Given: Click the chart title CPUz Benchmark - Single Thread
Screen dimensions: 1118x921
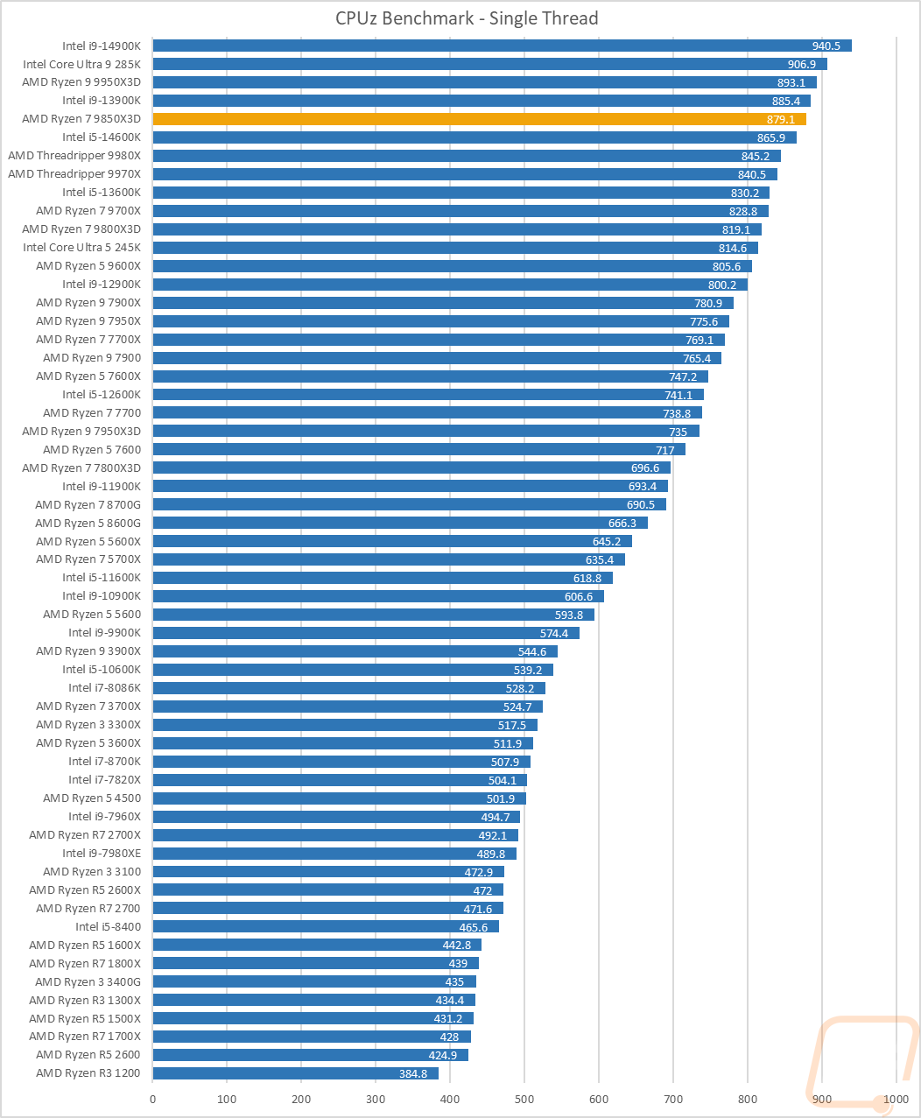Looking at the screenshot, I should click(467, 18).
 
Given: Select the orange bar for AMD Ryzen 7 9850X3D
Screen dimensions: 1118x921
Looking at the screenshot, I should click(479, 119).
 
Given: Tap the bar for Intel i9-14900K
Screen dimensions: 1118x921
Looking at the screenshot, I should click(502, 46).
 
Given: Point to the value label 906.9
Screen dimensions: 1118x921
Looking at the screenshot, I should click(802, 64).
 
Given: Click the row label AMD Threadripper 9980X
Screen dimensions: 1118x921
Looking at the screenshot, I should click(74, 156).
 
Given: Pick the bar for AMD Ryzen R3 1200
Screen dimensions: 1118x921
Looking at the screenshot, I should click(295, 1073).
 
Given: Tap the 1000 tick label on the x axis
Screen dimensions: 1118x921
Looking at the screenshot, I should click(896, 1099).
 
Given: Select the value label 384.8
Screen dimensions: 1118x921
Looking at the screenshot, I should click(413, 1073).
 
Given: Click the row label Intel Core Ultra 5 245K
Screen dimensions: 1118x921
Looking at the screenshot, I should click(81, 248).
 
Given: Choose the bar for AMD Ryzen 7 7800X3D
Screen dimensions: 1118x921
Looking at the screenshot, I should click(411, 468).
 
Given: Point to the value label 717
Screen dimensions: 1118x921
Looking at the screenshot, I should click(665, 449).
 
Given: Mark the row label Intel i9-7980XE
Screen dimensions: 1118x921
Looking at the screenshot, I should click(102, 854).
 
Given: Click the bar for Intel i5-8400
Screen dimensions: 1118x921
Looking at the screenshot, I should click(326, 926).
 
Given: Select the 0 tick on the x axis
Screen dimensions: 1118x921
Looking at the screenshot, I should click(153, 1099).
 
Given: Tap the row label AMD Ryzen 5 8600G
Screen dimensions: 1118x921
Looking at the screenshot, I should click(88, 523).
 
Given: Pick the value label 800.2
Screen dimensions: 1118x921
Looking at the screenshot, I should click(722, 285).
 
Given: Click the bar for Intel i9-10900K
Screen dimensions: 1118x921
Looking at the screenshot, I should click(378, 596).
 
